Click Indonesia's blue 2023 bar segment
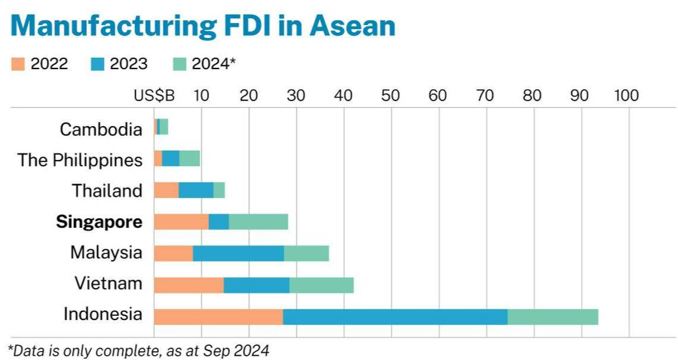[395, 317]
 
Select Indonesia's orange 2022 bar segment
[218, 317]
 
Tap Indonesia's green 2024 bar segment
[552, 317]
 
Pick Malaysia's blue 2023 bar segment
[238, 253]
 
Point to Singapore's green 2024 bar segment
[258, 221]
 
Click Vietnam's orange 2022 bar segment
[188, 285]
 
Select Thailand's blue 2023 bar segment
[196, 190]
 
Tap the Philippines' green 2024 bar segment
[189, 158]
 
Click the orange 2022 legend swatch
[18, 64]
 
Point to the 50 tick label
[390, 96]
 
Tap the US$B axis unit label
[154, 96]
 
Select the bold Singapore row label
[99, 222]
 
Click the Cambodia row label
[101, 129]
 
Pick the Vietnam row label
[108, 283]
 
